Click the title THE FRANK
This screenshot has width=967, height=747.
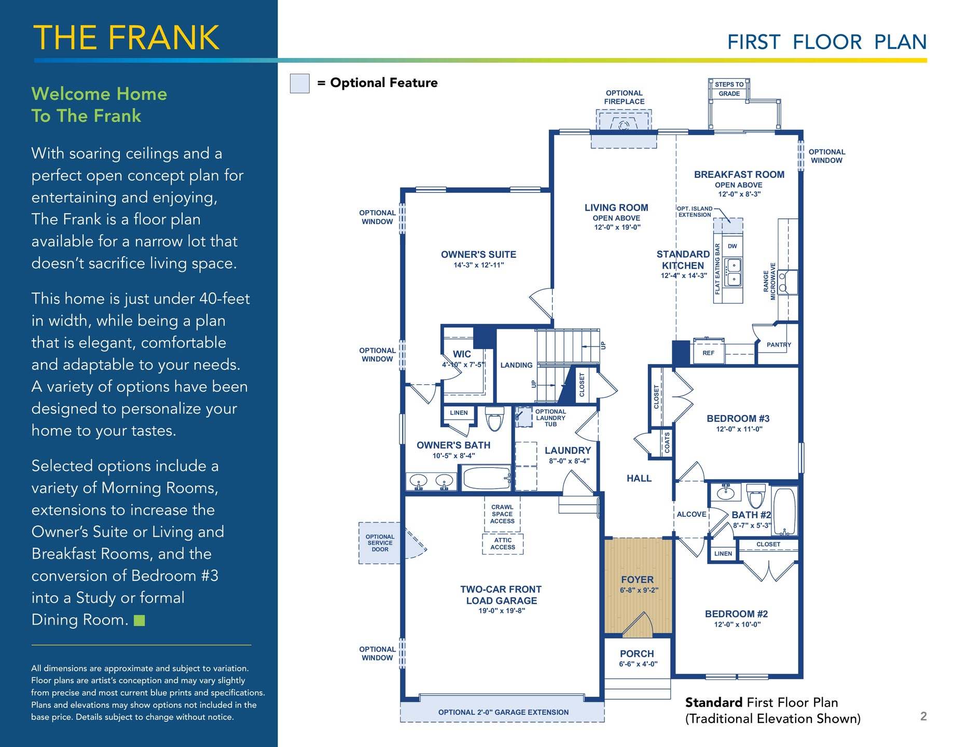point(127,37)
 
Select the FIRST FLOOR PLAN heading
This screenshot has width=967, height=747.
point(827,42)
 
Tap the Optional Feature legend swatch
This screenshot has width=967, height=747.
point(299,83)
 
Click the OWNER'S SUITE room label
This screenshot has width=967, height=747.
point(478,255)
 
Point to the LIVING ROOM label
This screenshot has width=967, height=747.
point(616,208)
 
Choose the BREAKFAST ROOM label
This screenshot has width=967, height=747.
point(739,175)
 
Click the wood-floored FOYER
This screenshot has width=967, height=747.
point(638,586)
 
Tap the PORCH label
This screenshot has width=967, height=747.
point(637,654)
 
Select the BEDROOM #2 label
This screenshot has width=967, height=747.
point(737,614)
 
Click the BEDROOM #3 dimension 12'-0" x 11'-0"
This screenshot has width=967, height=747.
point(739,429)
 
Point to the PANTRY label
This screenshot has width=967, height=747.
point(779,344)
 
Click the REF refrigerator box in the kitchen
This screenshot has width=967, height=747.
point(709,352)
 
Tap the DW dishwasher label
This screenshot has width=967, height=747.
point(733,246)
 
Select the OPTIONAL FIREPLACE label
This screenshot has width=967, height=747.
point(624,98)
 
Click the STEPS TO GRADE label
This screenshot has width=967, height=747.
point(729,89)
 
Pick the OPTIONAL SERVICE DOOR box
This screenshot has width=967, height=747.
point(380,543)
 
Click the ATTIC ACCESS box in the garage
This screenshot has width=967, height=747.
point(503,544)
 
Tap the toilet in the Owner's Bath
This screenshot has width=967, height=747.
point(495,419)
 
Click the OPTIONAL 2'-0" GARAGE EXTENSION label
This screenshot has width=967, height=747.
point(503,712)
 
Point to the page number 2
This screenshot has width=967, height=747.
point(923,716)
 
